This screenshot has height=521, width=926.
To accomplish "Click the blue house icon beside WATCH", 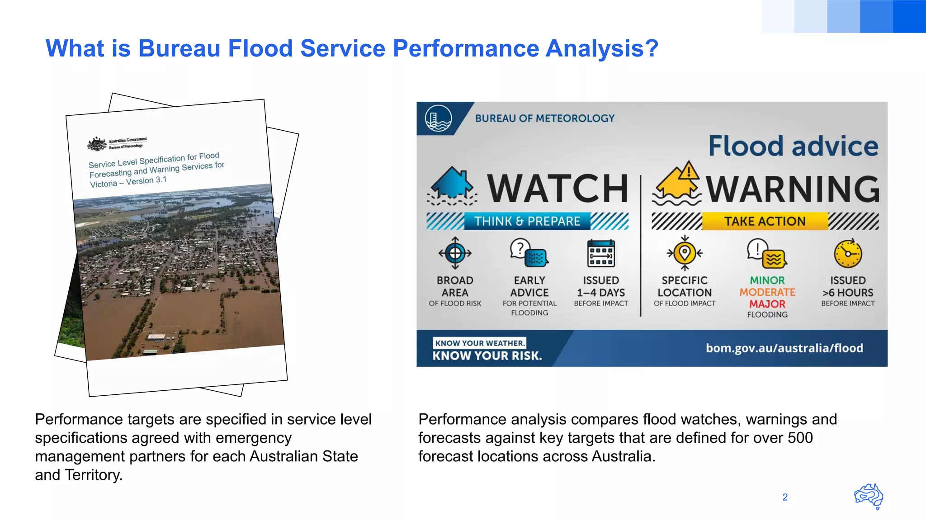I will click(x=452, y=185).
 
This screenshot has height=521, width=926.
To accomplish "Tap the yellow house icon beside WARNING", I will click(x=677, y=185).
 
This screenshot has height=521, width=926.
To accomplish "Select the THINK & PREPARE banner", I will click(x=527, y=221).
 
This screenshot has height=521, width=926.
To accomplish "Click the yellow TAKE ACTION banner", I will click(x=765, y=221).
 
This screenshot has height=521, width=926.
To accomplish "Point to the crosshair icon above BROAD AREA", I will click(x=455, y=253).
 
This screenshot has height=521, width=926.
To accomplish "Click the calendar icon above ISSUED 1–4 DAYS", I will click(x=601, y=254).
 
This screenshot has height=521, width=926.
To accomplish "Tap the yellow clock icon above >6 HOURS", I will click(x=848, y=254).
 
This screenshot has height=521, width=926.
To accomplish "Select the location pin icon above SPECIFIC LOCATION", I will click(x=685, y=253).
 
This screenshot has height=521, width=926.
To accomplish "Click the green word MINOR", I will click(x=767, y=280).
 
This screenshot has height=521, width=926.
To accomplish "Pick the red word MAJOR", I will click(x=767, y=304).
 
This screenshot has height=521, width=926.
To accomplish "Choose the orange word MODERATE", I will click(x=767, y=292).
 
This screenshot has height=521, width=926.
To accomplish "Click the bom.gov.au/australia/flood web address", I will click(x=784, y=348).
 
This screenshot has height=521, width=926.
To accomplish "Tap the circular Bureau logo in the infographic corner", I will click(x=438, y=118).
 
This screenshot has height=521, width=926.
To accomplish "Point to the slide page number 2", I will click(x=785, y=497).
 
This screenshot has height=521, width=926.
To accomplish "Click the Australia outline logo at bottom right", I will click(x=869, y=496).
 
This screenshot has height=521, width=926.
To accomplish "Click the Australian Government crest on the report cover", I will click(x=97, y=144).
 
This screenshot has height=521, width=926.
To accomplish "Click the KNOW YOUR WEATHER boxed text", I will click(x=479, y=343).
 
